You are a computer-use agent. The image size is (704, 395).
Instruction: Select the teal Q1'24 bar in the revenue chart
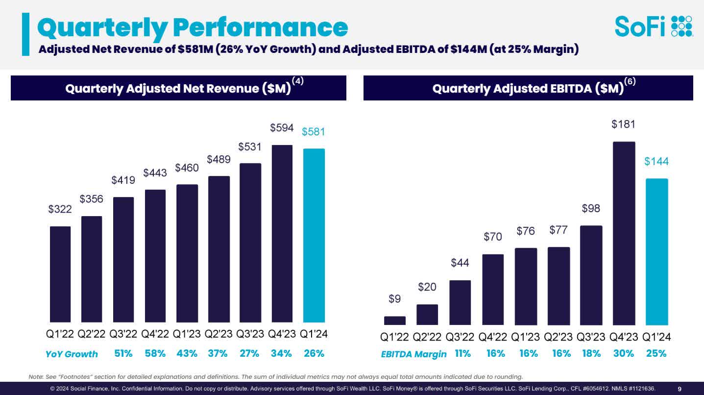[314, 235]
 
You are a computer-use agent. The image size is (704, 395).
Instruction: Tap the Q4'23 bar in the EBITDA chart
[624, 233]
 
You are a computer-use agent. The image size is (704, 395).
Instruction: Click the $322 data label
[60, 209]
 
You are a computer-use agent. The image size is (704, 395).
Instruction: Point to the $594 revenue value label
[282, 128]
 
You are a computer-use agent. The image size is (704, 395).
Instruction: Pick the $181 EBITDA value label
[623, 124]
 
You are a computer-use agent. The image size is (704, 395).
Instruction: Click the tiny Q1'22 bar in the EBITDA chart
[395, 321]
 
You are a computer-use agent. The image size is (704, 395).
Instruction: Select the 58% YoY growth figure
[155, 353]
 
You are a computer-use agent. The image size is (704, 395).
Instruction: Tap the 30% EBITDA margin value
[624, 353]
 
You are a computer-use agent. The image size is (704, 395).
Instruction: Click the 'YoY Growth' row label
[72, 354]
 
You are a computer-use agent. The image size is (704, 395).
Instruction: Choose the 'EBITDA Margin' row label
[413, 354]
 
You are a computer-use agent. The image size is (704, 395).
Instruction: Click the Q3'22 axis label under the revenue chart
[123, 334]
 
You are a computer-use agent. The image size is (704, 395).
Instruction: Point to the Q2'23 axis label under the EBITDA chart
[558, 337]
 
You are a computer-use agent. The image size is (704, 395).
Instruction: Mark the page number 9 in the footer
[680, 389]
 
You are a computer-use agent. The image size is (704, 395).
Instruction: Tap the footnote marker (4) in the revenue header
[298, 82]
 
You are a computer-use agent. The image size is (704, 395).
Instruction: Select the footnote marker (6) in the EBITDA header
[630, 82]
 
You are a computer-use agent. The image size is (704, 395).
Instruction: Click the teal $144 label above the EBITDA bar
[656, 162]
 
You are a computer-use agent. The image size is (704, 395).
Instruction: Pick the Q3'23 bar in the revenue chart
[250, 243]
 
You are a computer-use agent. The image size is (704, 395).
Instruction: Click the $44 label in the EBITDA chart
[460, 263]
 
